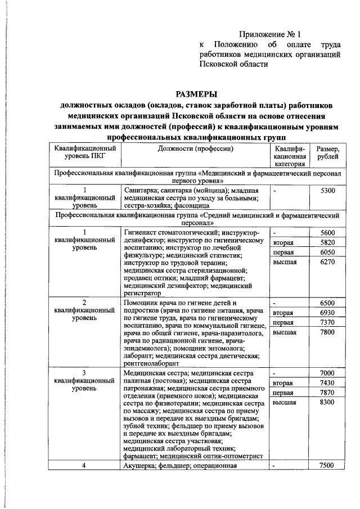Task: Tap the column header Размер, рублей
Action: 327,152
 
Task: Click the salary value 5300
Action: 327,191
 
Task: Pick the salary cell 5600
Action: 327,233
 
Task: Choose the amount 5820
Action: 327,242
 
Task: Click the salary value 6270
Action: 327,262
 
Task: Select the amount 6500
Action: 327,303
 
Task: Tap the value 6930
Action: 327,313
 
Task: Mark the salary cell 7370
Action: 327,323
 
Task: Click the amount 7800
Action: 327,332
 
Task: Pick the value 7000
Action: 327,373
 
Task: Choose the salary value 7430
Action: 327,383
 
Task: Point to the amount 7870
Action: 327,393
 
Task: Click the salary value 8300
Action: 327,403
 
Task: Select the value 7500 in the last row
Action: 327,465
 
